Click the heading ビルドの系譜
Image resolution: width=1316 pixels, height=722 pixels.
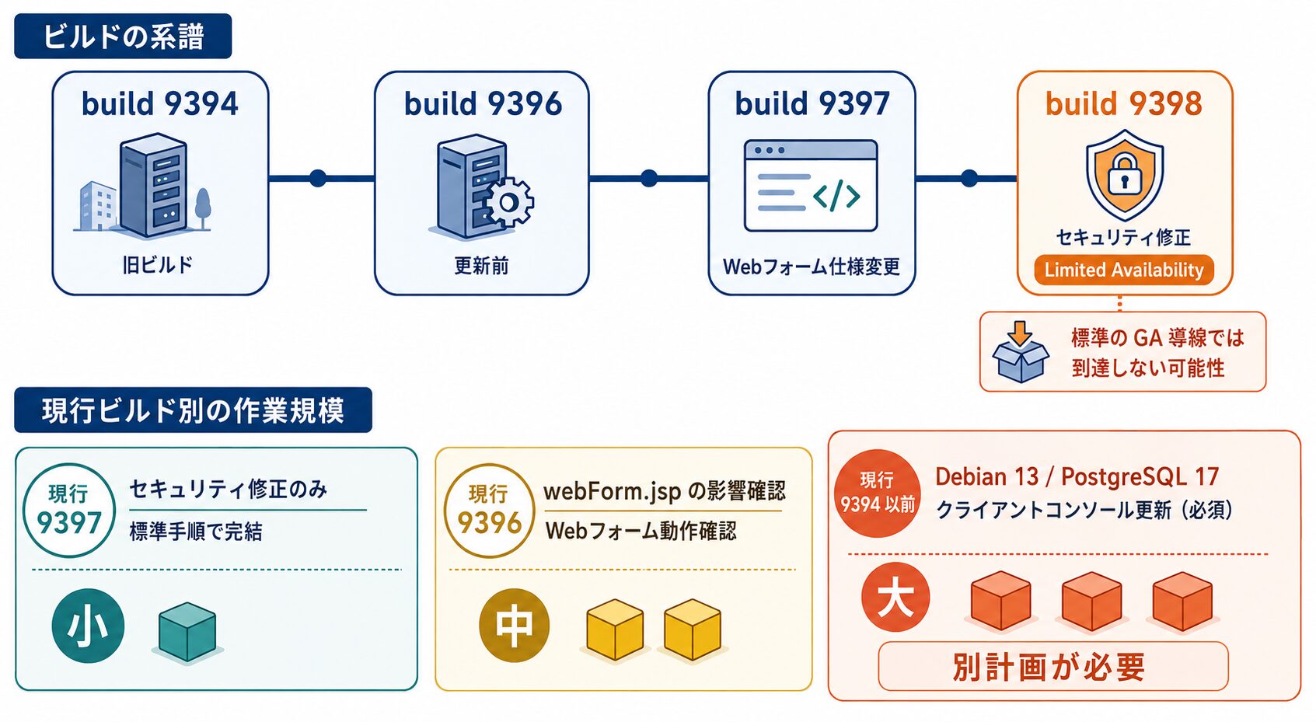[123, 37]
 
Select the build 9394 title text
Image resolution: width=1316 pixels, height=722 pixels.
[160, 104]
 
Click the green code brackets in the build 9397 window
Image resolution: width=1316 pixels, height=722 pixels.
[836, 195]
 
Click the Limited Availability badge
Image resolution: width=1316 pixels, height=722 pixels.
[1124, 270]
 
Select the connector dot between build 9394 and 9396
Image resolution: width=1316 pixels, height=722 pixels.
[318, 178]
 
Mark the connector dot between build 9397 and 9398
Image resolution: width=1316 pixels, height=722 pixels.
[969, 178]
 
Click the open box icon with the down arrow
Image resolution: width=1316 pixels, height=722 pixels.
[1021, 352]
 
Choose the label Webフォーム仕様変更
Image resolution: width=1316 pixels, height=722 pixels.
[812, 267]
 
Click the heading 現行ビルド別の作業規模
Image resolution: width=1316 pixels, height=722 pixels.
[193, 410]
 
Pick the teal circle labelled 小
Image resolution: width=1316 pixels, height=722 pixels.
[88, 626]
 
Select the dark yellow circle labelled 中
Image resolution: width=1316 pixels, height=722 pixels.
[514, 626]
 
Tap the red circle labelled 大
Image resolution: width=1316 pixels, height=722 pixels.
[895, 598]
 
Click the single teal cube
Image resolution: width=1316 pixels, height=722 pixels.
[187, 632]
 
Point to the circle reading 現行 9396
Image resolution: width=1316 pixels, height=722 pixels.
[489, 511]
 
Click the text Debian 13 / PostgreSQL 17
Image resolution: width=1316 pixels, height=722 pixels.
[1077, 476]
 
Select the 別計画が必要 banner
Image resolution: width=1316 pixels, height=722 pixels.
[1053, 666]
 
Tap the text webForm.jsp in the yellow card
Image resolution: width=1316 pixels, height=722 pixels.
[612, 492]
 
